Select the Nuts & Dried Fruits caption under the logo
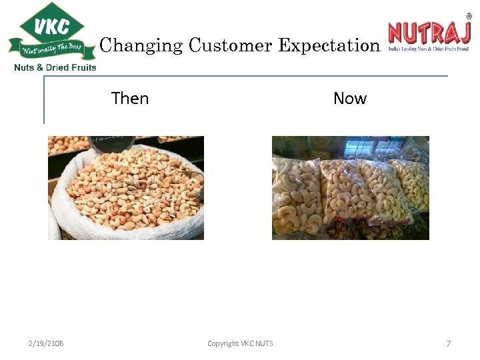55,67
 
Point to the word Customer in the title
230,45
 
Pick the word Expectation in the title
329,45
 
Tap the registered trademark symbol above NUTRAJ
468,17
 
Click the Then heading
130,99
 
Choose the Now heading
350,99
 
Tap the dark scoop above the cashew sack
111,143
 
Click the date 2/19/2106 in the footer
46,343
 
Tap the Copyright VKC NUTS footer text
240,343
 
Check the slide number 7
448,343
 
